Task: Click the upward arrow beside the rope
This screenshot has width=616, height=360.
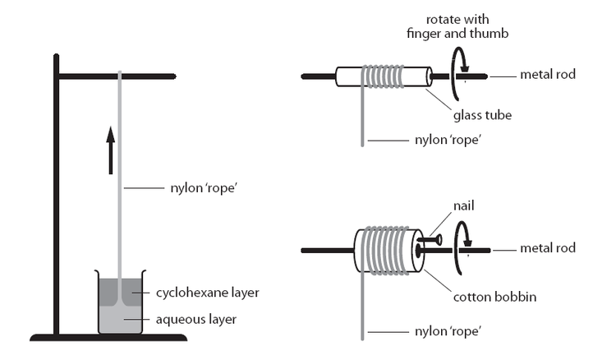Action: tap(111, 149)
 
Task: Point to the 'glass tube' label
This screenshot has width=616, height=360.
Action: tap(485, 115)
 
